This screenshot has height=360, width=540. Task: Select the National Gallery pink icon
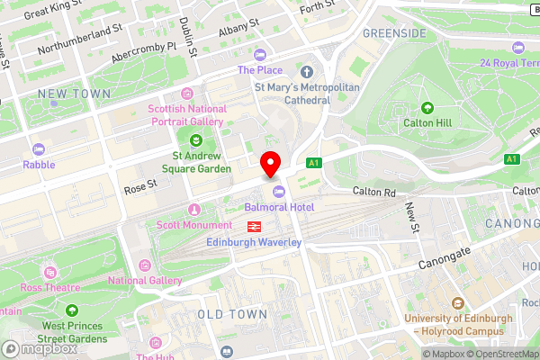[146, 264]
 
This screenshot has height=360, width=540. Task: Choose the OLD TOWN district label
[232, 314]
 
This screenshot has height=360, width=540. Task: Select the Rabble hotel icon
[39, 149]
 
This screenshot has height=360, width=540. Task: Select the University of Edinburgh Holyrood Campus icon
[459, 304]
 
